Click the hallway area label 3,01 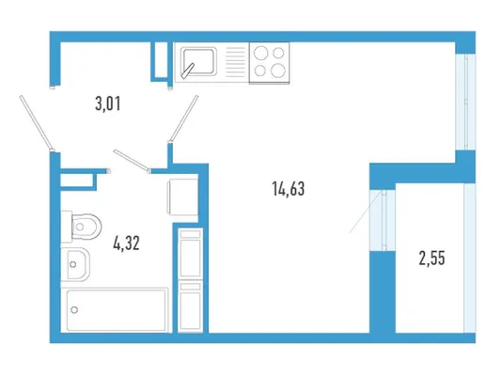tap(108, 104)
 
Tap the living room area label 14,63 tap(289, 189)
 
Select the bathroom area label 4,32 tap(126, 243)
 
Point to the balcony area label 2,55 tap(431, 258)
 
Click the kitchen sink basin tap(198, 61)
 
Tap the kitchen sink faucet tap(188, 70)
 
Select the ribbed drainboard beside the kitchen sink tap(236, 62)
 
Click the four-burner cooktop tap(270, 63)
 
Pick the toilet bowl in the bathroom tap(86, 227)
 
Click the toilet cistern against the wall tap(67, 227)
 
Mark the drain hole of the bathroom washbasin tap(73, 264)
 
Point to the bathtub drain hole tap(74, 309)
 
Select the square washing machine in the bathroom tap(182, 196)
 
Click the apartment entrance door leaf tap(36, 122)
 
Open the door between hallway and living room tap(184, 117)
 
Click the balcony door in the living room tap(383, 220)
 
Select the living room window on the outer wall tap(465, 102)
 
